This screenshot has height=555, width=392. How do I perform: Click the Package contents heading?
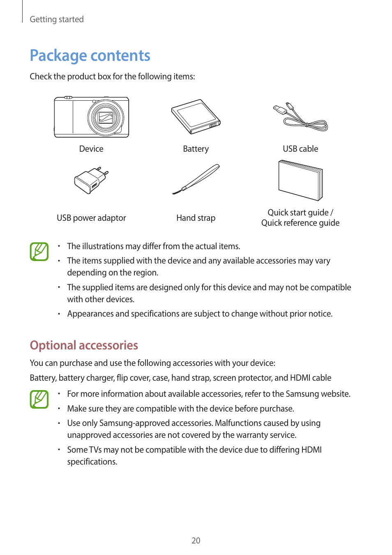coord(90,55)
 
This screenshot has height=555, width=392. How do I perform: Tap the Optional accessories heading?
coord(84,345)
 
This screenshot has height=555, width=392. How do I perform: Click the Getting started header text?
coord(57,19)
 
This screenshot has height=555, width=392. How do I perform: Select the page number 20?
coord(196,541)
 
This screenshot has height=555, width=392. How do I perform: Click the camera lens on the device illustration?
coord(106,118)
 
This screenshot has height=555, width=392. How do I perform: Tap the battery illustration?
coord(196,116)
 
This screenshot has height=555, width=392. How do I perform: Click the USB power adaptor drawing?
coord(91,180)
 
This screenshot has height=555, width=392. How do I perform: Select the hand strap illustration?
coord(196,179)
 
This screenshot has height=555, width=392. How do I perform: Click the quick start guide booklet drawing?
coord(300,180)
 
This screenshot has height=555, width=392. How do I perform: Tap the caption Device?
coord(91,149)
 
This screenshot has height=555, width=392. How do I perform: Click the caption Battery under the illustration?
coord(196,149)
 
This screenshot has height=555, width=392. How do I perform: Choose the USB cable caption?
coord(300,149)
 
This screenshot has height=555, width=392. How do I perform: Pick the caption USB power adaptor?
coord(91,218)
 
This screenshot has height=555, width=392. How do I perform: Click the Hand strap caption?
coord(196,218)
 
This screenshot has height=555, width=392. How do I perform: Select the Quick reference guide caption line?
coord(300,223)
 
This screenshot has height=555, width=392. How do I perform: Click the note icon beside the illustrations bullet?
coord(39,252)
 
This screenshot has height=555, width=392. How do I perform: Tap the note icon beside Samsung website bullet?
coord(39,399)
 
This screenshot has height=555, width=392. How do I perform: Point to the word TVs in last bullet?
coord(95,450)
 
